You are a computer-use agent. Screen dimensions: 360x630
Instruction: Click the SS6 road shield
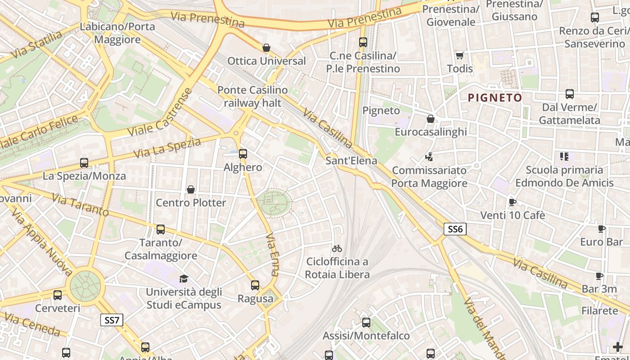click(x=455, y=229)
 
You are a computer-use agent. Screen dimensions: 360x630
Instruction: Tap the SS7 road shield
click(x=111, y=320)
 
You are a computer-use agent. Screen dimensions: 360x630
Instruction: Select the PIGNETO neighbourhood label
click(x=495, y=98)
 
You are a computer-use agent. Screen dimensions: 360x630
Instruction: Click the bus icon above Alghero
click(x=243, y=154)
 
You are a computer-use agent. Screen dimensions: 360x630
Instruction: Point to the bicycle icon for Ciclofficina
click(x=337, y=248)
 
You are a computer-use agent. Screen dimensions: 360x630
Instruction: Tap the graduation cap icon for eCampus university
click(x=184, y=279)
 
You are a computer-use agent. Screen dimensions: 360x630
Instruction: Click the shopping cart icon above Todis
click(x=459, y=55)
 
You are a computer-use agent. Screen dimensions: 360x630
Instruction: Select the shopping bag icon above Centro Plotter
click(x=191, y=189)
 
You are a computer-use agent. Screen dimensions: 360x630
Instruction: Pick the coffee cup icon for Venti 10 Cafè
click(x=512, y=202)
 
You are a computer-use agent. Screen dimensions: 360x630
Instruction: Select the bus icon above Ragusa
click(x=255, y=285)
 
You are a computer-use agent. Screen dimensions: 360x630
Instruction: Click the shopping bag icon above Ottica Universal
click(x=266, y=48)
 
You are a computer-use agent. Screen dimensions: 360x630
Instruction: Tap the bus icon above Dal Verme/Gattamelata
click(x=570, y=94)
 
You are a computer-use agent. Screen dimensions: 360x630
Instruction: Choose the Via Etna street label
click(x=272, y=254)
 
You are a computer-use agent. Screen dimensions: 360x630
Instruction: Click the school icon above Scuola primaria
click(x=564, y=157)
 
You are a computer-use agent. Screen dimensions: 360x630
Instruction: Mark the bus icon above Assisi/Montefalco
click(x=366, y=322)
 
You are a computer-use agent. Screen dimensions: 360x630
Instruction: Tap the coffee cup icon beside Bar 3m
click(x=599, y=276)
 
